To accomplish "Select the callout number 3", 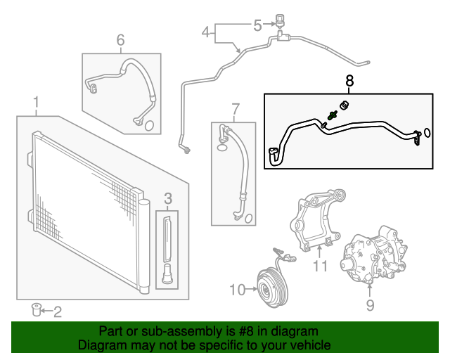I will (x=168, y=200).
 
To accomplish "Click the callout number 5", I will (x=257, y=25).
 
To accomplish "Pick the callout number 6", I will (x=120, y=40).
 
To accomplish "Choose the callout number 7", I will (x=236, y=109).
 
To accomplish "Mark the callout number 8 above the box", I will (x=349, y=81).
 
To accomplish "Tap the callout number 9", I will (x=370, y=304).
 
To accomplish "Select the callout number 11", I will (x=321, y=266).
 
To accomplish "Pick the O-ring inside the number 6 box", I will (x=148, y=126).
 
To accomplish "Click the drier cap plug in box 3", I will (x=167, y=274).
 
